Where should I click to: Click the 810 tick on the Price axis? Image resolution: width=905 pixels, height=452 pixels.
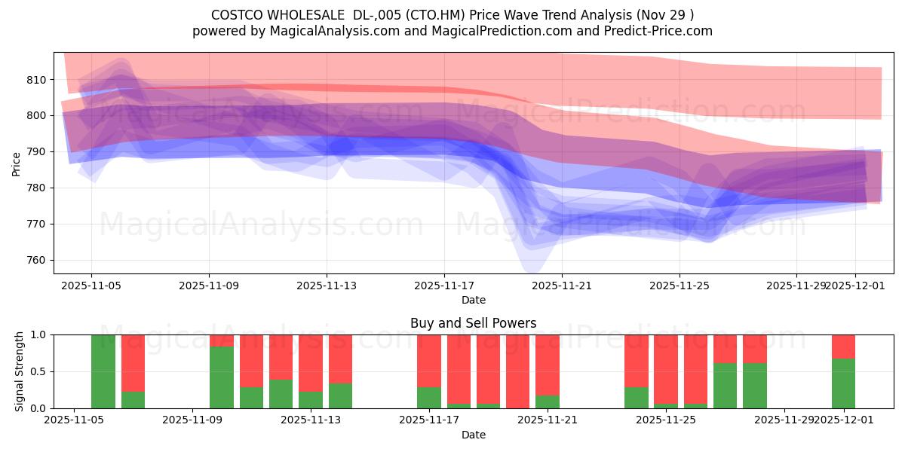click(38, 80)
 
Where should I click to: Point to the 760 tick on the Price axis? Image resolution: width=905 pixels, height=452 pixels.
click(38, 261)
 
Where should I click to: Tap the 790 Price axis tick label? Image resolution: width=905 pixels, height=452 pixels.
click(38, 152)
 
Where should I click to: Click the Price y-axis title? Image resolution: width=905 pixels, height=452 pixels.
click(17, 163)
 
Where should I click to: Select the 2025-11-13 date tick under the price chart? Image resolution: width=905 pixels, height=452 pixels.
click(327, 286)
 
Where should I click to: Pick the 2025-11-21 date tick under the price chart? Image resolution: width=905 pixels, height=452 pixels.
click(562, 286)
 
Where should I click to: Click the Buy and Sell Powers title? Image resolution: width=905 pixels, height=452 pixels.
click(473, 323)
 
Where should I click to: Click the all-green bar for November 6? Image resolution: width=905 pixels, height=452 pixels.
click(103, 371)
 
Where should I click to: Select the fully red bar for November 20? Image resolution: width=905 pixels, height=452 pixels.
click(517, 371)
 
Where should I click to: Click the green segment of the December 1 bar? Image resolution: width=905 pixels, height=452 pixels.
click(843, 383)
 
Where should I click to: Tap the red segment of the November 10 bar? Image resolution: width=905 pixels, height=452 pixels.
click(222, 341)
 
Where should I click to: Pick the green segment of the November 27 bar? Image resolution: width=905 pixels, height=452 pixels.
click(754, 386)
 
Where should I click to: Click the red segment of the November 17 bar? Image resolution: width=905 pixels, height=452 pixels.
click(429, 360)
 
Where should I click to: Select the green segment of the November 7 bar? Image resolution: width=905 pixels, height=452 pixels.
click(133, 400)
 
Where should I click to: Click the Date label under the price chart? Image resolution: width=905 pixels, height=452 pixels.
click(473, 300)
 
